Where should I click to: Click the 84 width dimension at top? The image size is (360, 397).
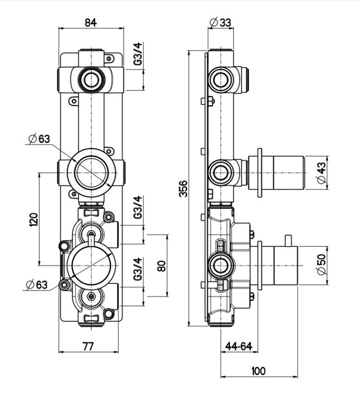pos(91,22)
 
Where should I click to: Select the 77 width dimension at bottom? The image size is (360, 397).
pos(88,346)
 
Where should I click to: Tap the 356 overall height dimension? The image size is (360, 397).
pos(183,189)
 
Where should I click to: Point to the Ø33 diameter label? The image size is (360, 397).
pos(221,22)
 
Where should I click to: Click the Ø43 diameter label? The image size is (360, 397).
pos(321,173)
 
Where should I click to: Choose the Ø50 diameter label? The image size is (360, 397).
pos(321,265)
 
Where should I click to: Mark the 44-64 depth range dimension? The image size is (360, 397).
pos(239,346)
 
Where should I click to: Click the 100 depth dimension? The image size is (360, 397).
pos(258,371)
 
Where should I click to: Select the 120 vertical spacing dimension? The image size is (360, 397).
pos(34,219)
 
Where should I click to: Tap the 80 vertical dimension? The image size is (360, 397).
pos(162,266)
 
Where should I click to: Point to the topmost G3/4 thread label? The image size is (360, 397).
pos(138,54)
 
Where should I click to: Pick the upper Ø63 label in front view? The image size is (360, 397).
pos(40,139)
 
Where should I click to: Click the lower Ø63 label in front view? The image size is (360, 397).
pos(37,285)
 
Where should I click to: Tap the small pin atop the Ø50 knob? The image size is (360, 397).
pos(288,241)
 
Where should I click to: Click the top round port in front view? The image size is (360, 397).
pos(91,79)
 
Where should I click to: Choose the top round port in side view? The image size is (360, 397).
pos(221,79)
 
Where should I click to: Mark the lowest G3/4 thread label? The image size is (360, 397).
pos(138,269)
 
